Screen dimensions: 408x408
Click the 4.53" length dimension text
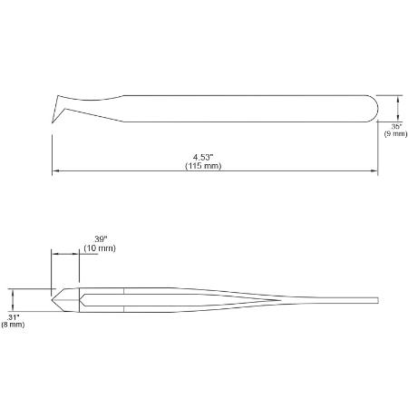[x=203, y=158]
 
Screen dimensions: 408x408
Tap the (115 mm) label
[x=203, y=166]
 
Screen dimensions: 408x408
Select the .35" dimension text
[x=396, y=126]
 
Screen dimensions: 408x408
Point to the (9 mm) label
[x=396, y=133]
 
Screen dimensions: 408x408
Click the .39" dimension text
[x=101, y=239]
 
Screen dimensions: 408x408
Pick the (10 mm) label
[x=100, y=248]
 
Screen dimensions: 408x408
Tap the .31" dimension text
[x=13, y=317]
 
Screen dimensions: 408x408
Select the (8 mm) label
[x=13, y=325]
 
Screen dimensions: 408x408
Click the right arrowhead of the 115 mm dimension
[x=374, y=170]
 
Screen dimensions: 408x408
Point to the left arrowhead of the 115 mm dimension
[x=55, y=170]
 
